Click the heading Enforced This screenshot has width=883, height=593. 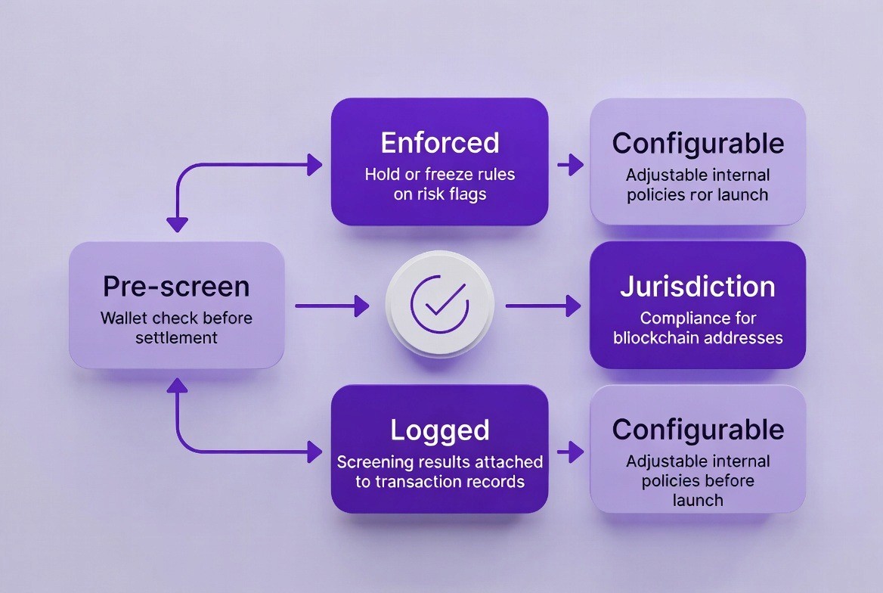439,143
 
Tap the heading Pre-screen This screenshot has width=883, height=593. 176,287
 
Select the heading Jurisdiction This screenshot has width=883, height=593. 697,287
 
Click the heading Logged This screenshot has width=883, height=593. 439,430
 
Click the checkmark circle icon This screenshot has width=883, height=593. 439,305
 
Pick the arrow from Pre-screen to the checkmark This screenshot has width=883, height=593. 332,306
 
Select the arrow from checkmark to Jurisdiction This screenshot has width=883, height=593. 543,306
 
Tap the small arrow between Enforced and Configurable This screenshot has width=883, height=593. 570,163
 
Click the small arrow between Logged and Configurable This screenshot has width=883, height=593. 570,452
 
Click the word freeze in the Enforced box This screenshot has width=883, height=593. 439,175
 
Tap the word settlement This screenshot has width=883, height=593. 176,337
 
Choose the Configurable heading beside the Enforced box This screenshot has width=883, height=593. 697,143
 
